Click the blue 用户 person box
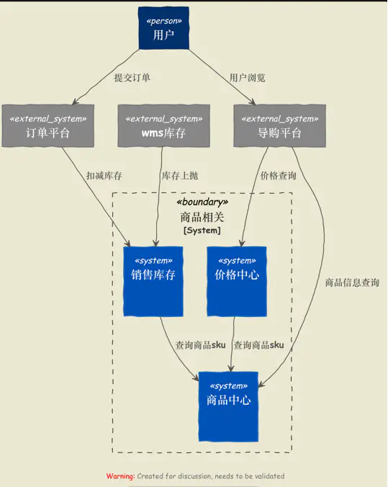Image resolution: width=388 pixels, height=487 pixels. pos(164,28)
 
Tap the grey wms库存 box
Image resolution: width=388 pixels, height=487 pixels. pos(163,126)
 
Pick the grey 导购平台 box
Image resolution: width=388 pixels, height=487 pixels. pos(279,126)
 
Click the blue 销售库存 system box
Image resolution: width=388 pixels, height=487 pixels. pos(153,281)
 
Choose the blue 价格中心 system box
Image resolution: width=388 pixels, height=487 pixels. pos(237,281)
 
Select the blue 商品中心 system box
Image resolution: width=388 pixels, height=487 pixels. pos(228,406)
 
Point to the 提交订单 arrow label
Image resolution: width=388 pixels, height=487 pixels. pos(132,77)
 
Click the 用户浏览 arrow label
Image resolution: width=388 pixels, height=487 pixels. pos(247,77)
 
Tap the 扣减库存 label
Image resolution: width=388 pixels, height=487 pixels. pos(104,176)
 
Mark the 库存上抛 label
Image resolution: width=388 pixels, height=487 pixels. pos(180,176)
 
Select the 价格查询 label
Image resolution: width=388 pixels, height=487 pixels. pos(278,176)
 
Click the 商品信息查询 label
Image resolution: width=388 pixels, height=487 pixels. pos(352,283)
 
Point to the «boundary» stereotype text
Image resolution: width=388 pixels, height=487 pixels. pos(202,202)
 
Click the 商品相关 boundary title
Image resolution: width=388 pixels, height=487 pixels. pos(202,217)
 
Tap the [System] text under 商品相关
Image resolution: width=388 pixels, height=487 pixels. pos(202,231)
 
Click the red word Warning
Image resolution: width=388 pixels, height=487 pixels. pos(120,476)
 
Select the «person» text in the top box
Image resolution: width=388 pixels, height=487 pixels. pos(164,20)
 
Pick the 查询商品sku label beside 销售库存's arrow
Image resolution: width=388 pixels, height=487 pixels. pos(201,345)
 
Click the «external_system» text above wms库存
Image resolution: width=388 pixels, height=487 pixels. pos(163,118)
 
